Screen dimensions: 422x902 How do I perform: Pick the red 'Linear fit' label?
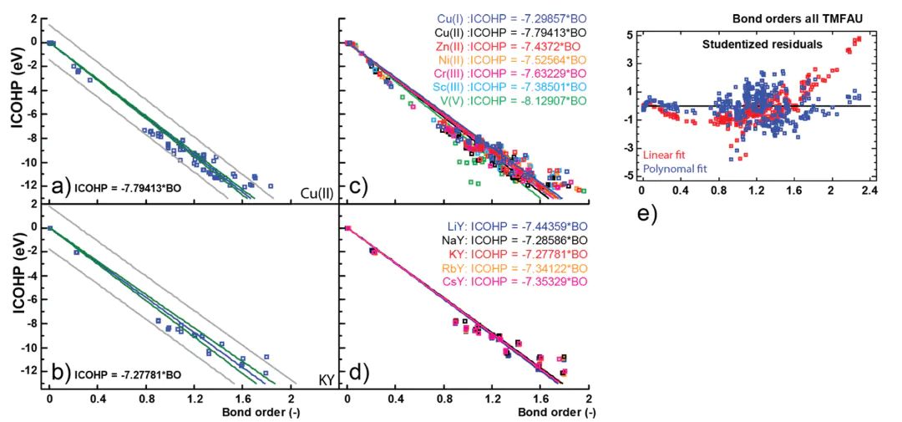coord(662,153)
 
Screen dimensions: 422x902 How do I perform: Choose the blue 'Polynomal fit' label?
coord(672,167)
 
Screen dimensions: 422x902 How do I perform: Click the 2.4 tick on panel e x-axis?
coord(869,191)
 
